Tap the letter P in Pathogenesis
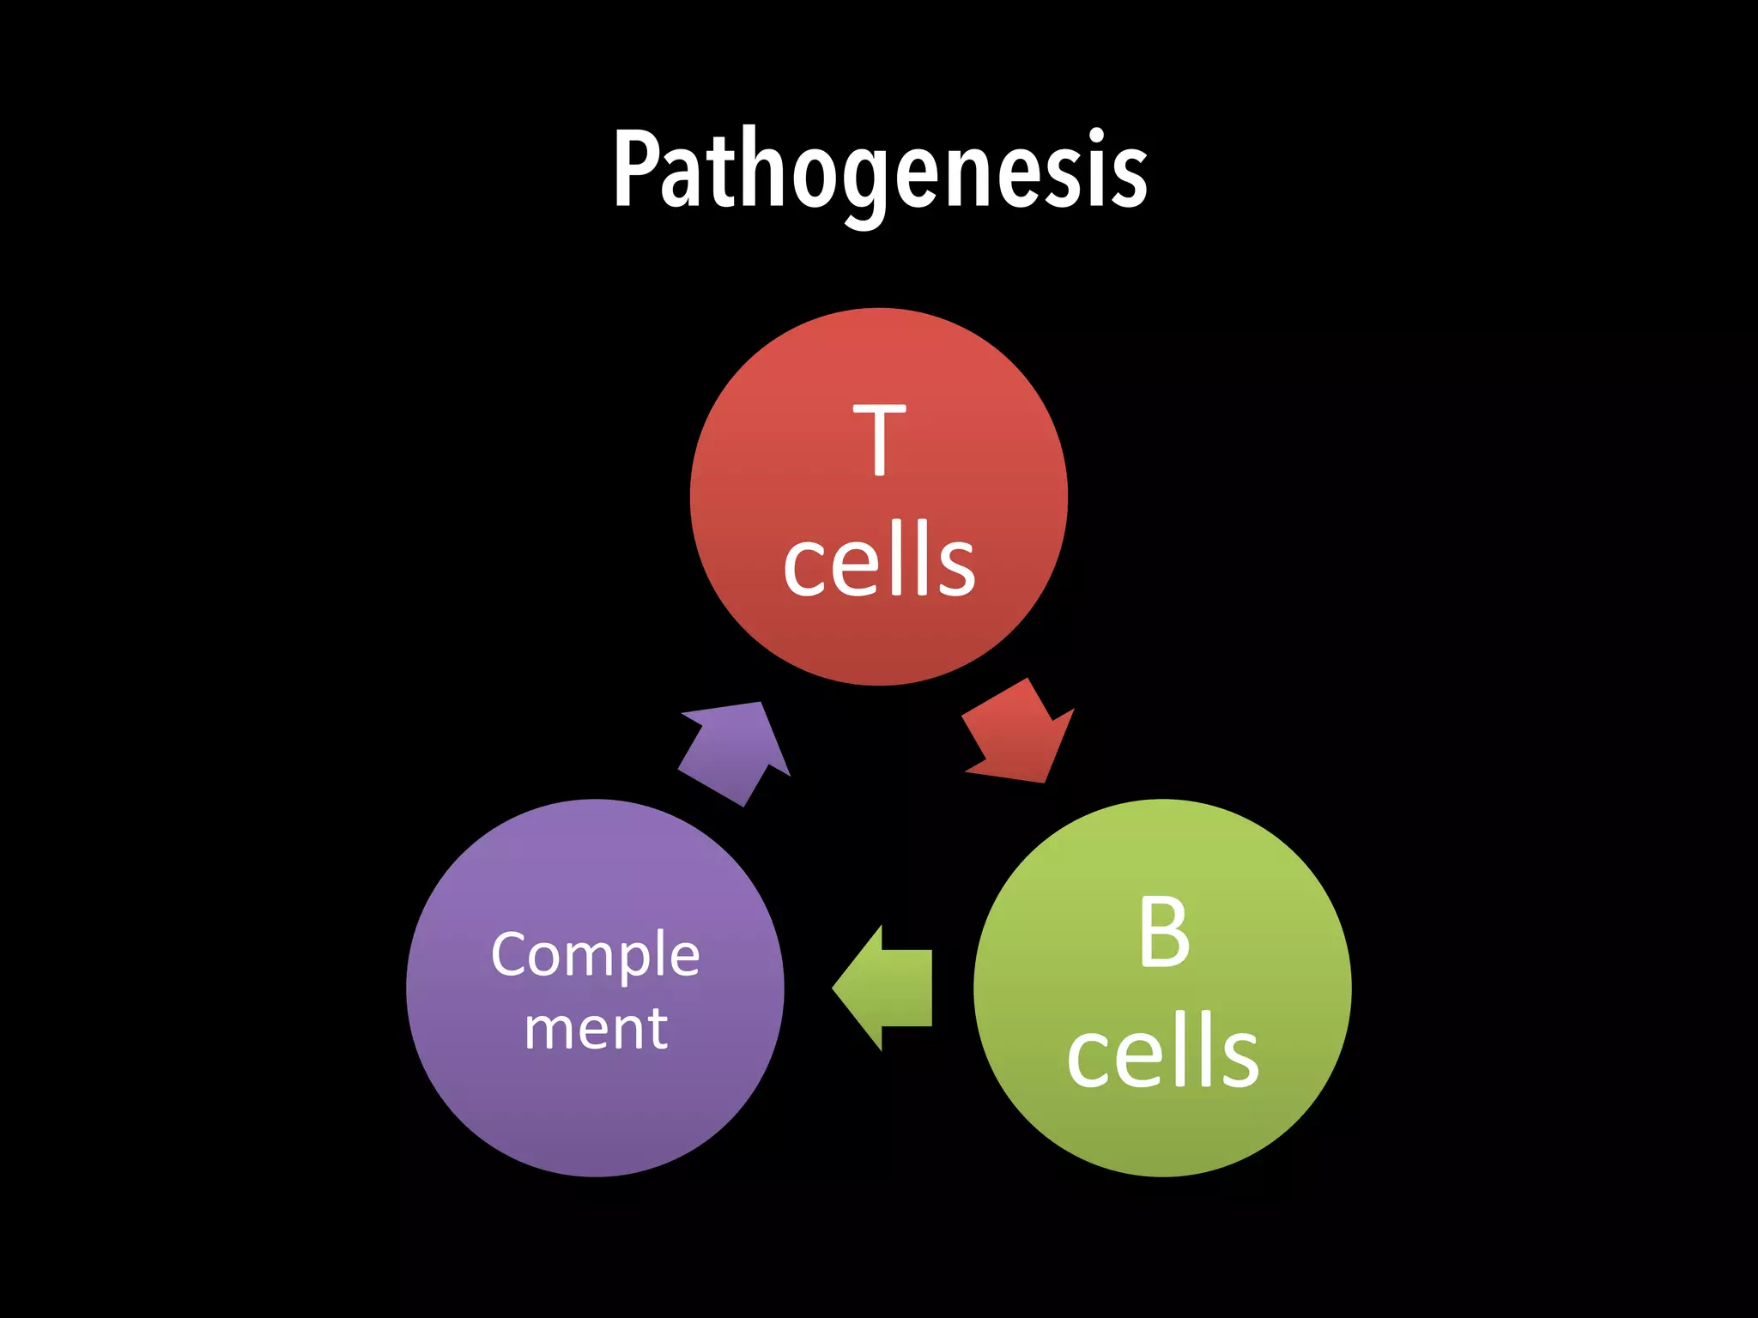(x=637, y=169)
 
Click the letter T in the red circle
(x=879, y=440)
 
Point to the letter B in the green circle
(x=1164, y=933)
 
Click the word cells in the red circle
(x=879, y=559)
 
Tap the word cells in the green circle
(x=1162, y=1050)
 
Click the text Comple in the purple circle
(x=595, y=956)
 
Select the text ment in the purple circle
(x=595, y=1028)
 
